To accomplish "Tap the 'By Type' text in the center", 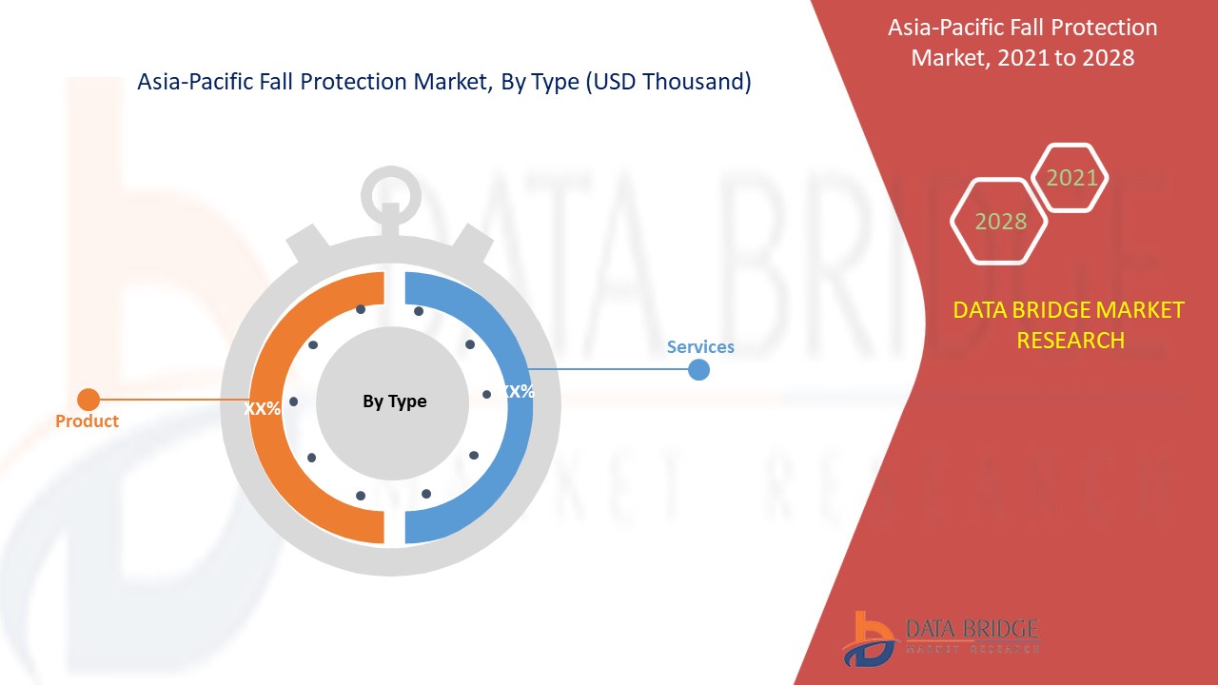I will [394, 401].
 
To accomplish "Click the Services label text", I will [700, 346].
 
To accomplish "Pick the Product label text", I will [87, 421].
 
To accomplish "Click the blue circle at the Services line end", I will [698, 369].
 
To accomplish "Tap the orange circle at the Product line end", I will [88, 400].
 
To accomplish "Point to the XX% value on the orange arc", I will [262, 408].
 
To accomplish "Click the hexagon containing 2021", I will [1071, 178].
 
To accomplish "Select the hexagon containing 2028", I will [1000, 221].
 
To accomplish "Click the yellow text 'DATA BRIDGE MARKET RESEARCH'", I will [1069, 324].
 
